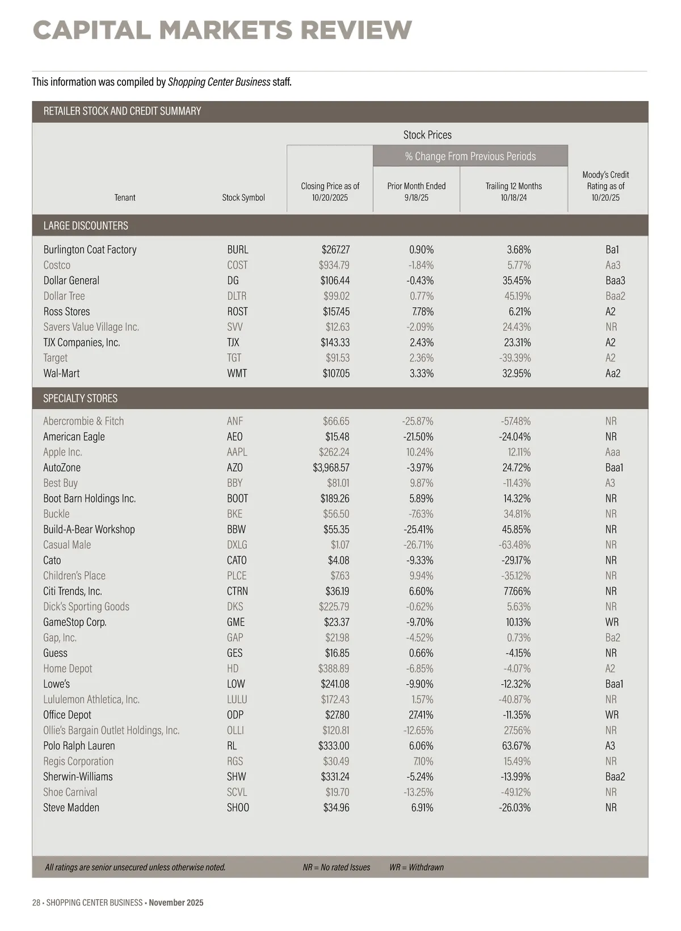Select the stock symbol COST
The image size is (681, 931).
coord(237,265)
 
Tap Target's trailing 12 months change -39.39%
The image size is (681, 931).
coord(515,358)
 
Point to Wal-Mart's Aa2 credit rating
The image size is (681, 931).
coord(612,374)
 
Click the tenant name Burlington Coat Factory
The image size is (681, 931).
coord(90,250)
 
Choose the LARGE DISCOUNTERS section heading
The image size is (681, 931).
coord(86,226)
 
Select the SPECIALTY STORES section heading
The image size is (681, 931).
coord(81,399)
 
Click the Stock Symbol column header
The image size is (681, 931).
coord(243,198)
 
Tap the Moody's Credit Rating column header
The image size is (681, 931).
coord(606,186)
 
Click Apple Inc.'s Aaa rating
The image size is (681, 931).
coord(612,452)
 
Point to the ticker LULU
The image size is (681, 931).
coord(237,699)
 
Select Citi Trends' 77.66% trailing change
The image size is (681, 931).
coord(515,591)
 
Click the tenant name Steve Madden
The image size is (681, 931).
coord(71,807)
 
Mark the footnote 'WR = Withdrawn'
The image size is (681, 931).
coord(417,867)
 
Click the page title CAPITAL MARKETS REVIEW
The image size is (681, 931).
coord(222,30)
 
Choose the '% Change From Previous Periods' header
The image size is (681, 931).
coord(470,156)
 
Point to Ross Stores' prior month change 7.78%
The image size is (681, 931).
coord(422,312)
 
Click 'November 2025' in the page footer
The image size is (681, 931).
coord(176,903)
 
